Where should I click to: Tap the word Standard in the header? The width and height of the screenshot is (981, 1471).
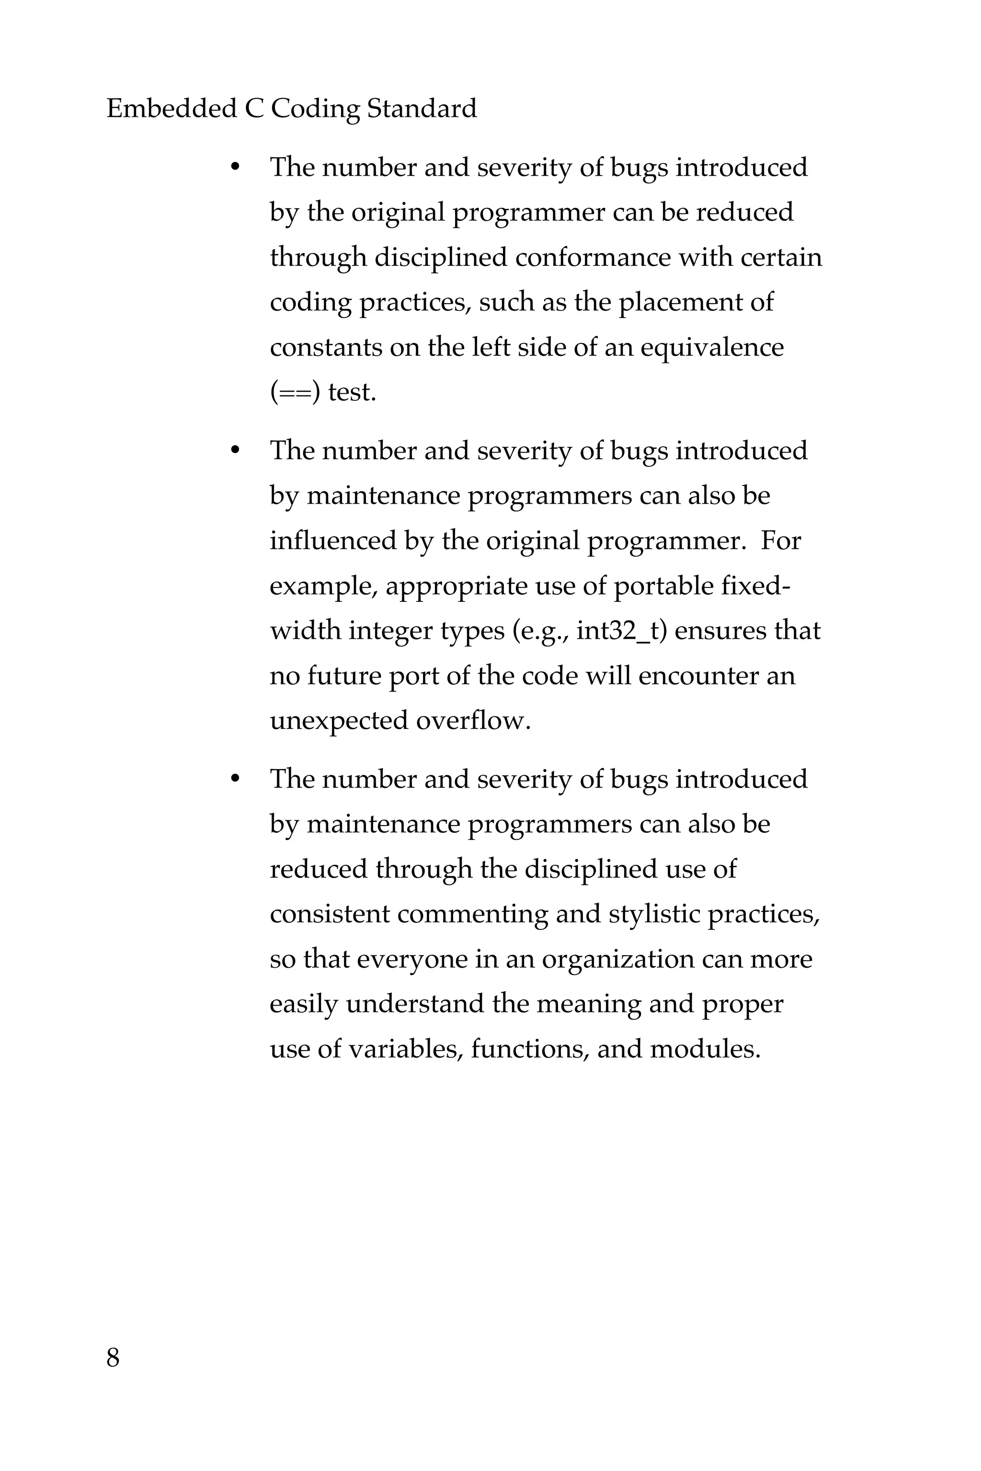pyautogui.click(x=422, y=108)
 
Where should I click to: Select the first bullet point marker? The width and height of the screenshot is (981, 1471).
pyautogui.click(x=235, y=168)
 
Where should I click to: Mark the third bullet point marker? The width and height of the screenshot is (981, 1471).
pyautogui.click(x=235, y=779)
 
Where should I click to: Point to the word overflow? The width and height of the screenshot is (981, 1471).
pyautogui.click(x=473, y=721)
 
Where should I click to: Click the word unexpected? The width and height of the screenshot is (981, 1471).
pyautogui.click(x=339, y=721)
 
